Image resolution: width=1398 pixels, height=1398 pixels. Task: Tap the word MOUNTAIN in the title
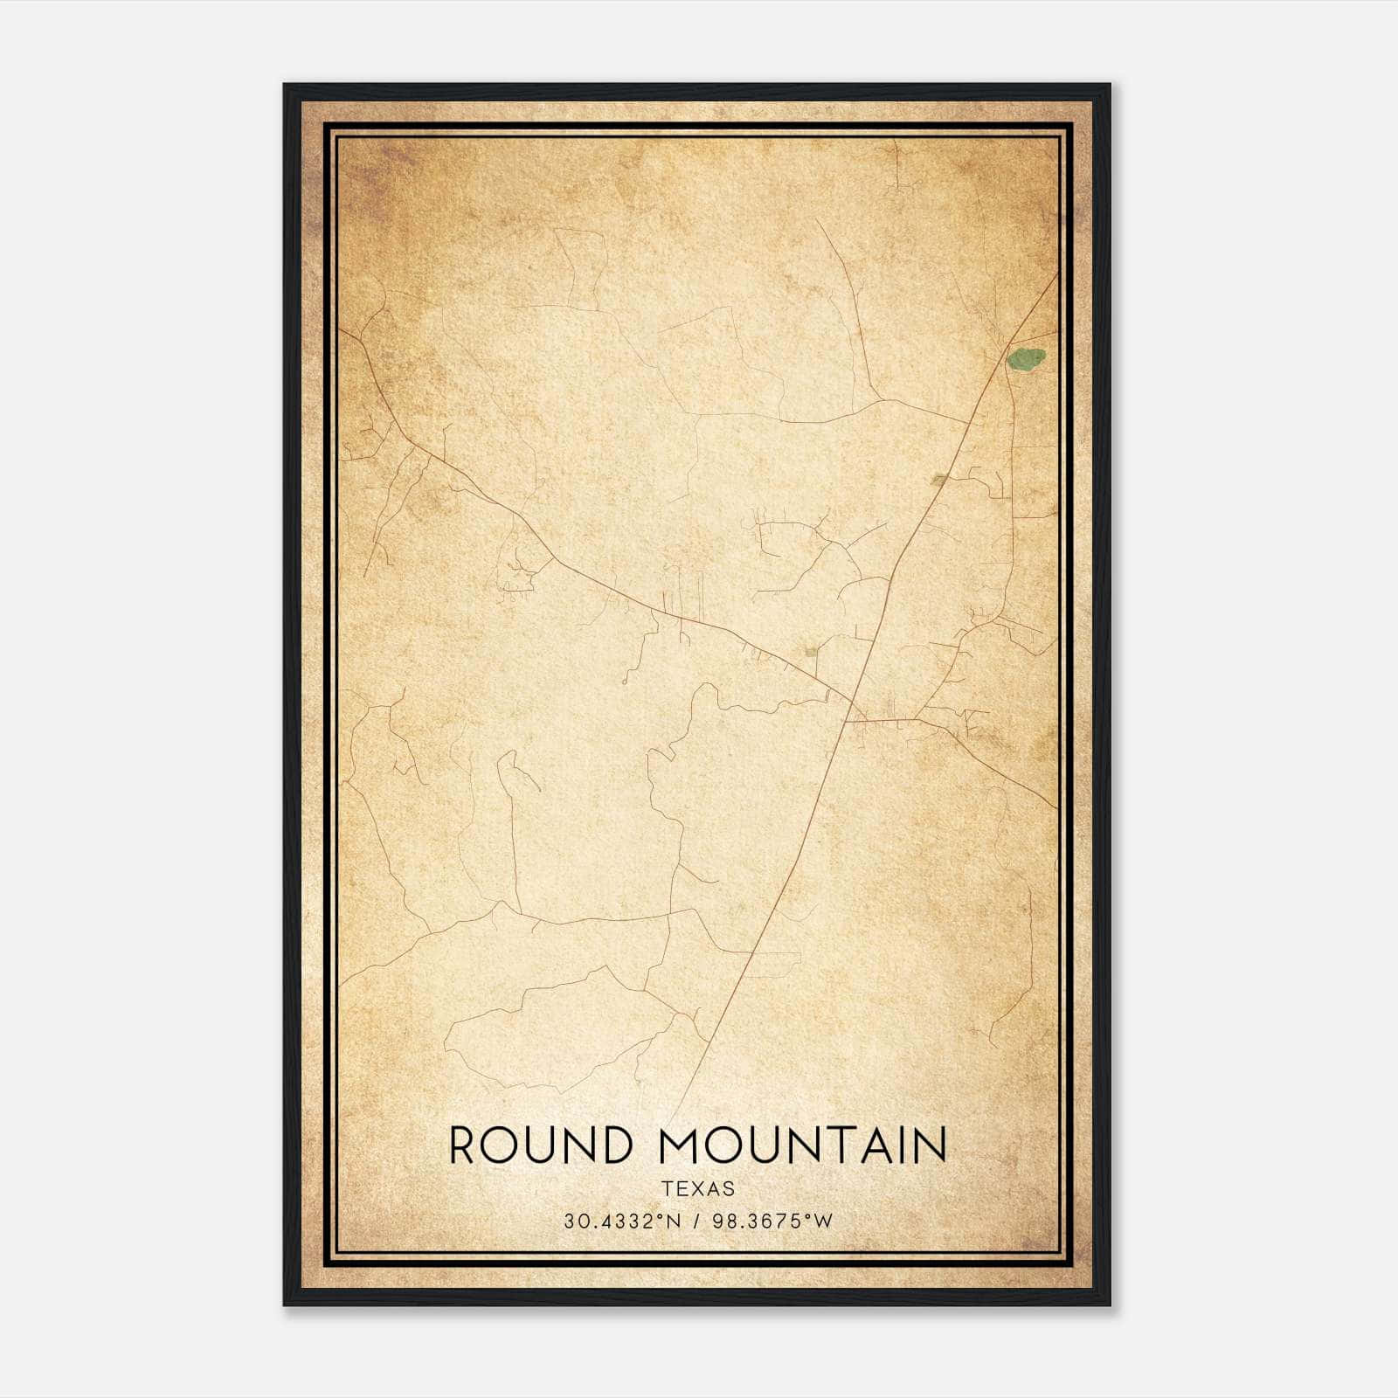tap(803, 1145)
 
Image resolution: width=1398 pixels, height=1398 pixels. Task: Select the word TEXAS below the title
tap(698, 1188)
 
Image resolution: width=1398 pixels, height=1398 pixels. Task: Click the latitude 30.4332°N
tap(621, 1222)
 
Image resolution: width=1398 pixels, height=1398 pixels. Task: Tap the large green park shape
tap(1026, 358)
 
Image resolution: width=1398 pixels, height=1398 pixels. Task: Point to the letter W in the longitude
tap(823, 1222)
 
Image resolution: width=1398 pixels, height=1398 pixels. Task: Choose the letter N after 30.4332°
tap(673, 1222)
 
